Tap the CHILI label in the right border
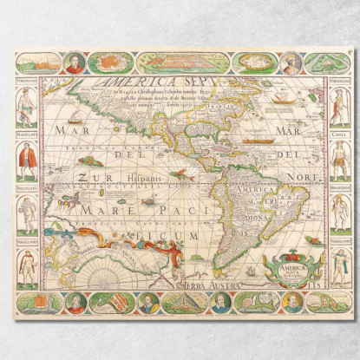pyautogui.click(x=338, y=134)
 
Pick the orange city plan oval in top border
pyautogui.click(x=109, y=63)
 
